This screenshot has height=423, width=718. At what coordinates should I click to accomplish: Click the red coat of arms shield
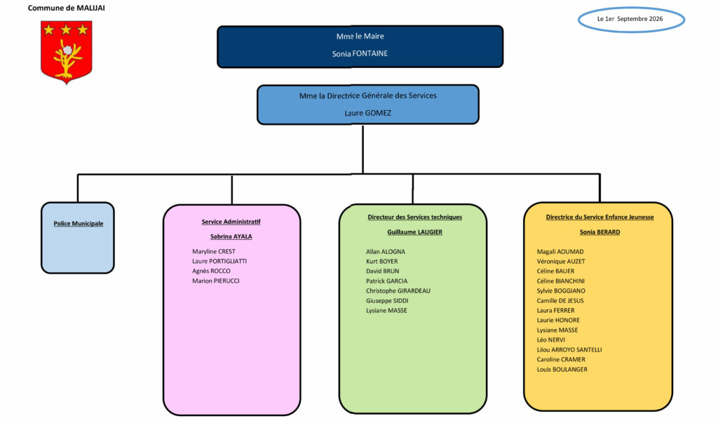point(67,52)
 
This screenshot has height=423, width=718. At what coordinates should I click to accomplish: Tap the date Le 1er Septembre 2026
point(630,19)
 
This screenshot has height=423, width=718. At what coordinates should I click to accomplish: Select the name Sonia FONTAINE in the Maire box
point(360,53)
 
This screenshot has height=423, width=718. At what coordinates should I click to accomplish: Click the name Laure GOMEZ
point(367,113)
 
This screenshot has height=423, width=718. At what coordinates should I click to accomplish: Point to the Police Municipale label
point(79,224)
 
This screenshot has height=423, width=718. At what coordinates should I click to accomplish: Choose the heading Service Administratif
point(231,222)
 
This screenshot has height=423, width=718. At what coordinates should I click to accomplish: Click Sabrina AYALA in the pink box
point(231,236)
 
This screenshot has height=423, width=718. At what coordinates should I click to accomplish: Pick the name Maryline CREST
point(214,252)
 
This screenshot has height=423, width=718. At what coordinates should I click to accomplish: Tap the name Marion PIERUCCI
point(216,281)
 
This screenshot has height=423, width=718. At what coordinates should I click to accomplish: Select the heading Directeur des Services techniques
point(415,217)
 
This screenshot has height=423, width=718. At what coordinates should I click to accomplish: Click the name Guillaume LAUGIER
point(415,232)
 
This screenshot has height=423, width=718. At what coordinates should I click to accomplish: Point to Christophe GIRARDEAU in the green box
point(398,291)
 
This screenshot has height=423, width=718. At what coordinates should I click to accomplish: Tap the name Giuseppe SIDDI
point(387,301)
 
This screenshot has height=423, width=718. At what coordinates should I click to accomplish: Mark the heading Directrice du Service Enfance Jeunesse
point(600,217)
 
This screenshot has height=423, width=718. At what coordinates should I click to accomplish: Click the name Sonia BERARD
point(600,232)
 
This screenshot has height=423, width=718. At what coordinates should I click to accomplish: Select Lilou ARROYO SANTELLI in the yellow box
point(569,349)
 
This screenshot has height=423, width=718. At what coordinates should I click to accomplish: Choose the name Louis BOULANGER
point(562,370)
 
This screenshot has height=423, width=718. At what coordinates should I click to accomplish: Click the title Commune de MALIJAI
point(67,8)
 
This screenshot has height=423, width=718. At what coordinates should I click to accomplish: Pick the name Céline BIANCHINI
point(560,281)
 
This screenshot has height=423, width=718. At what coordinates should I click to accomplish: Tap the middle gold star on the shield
point(66,30)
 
